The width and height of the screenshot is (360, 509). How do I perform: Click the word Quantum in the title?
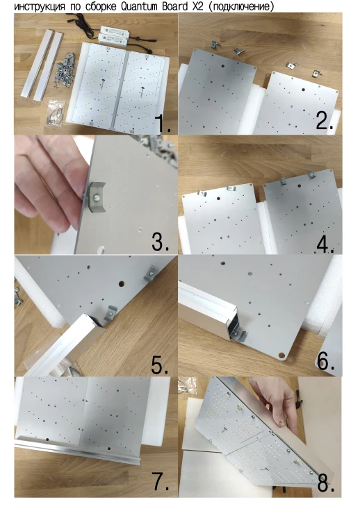tap(140, 6)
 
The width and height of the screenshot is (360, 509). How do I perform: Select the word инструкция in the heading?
tap(40, 7)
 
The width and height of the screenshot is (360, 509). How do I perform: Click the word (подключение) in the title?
tap(242, 6)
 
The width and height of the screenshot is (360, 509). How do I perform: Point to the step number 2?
tap(325, 120)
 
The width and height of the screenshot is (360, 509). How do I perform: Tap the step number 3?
tap(161, 241)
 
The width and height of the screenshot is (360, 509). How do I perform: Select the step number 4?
tap(325, 243)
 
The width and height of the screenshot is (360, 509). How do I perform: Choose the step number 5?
tap(160, 364)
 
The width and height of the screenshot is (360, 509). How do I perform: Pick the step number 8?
tap(326, 484)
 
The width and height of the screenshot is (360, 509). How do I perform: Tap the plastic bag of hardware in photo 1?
tap(56, 112)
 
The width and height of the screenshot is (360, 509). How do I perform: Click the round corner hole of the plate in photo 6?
tap(282, 356)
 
